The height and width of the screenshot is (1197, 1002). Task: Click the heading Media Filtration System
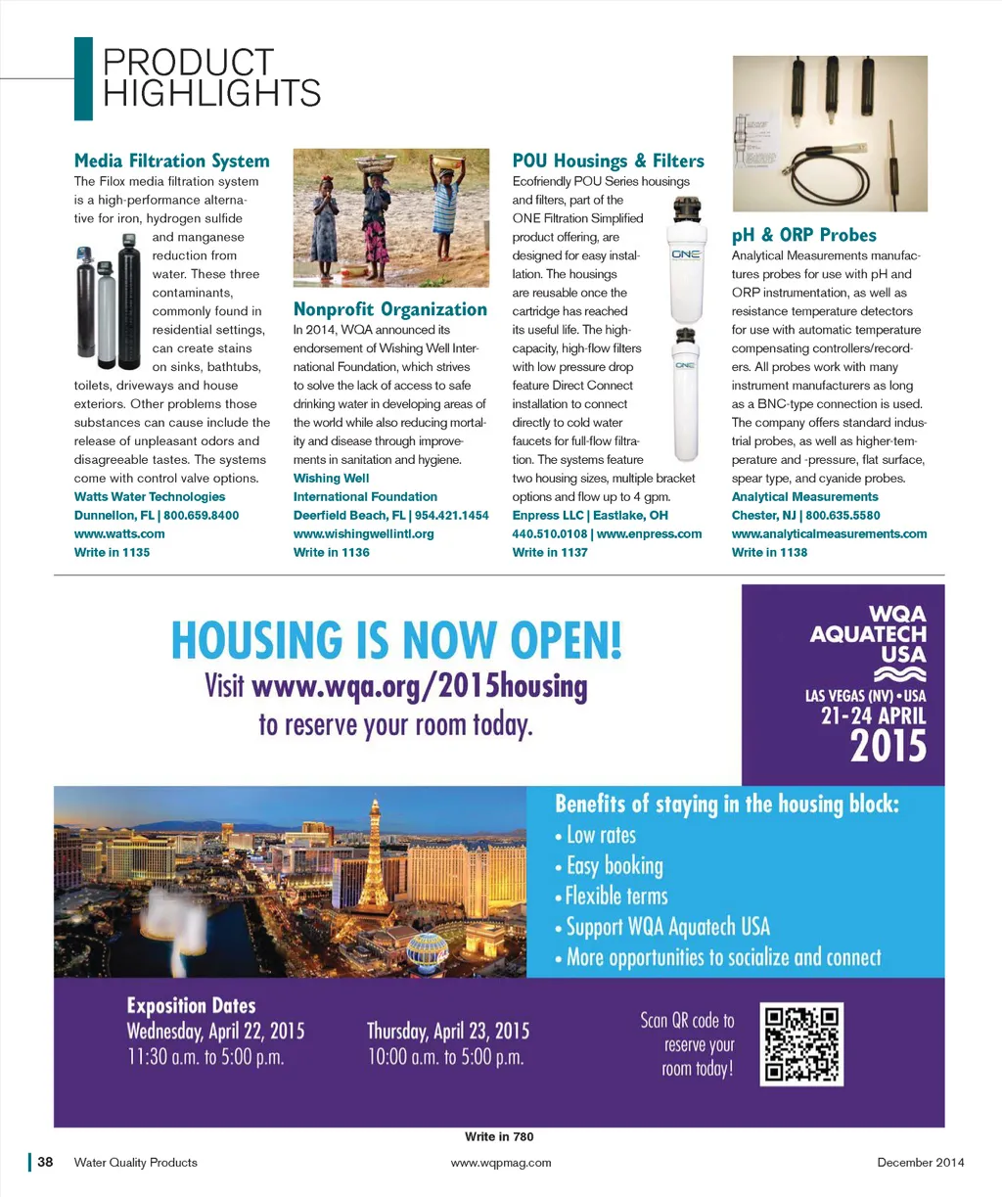(x=171, y=161)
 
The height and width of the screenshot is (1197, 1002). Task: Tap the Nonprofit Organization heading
(x=389, y=309)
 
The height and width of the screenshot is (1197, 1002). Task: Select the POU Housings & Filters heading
(x=608, y=161)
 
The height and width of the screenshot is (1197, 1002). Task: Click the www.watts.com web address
(x=119, y=533)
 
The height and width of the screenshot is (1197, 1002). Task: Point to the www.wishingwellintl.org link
(x=363, y=533)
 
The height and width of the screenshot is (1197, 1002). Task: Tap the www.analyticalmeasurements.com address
(x=829, y=533)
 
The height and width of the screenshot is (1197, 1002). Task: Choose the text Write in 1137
(x=550, y=552)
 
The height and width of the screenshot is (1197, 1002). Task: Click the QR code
(x=801, y=1043)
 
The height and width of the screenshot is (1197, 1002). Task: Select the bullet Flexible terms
(x=616, y=897)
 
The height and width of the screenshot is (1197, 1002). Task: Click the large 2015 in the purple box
(x=888, y=747)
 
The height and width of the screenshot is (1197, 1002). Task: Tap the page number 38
(x=45, y=1162)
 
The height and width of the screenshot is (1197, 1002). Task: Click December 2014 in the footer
(x=920, y=1162)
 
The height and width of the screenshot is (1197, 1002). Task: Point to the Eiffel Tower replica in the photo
(x=373, y=861)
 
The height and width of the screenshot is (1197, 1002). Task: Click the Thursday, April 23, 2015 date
(x=447, y=1031)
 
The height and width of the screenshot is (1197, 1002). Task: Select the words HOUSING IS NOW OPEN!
(x=396, y=640)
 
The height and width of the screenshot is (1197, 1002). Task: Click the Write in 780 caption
(x=499, y=1136)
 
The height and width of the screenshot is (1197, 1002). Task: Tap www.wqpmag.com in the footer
(x=500, y=1162)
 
